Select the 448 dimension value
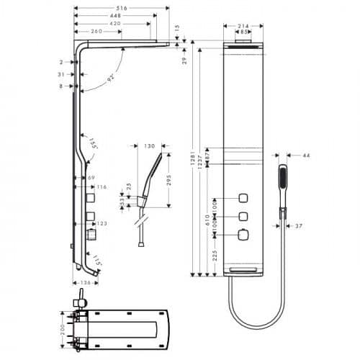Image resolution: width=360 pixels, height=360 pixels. [115, 15]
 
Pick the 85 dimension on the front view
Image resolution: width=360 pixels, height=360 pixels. [245, 32]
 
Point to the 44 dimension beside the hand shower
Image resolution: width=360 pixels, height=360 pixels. [306, 156]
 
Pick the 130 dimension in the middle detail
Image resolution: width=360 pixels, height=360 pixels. [150, 146]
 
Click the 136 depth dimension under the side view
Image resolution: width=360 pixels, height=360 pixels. [85, 282]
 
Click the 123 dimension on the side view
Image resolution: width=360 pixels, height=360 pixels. [103, 224]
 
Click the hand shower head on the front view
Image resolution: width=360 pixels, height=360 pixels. [282, 177]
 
